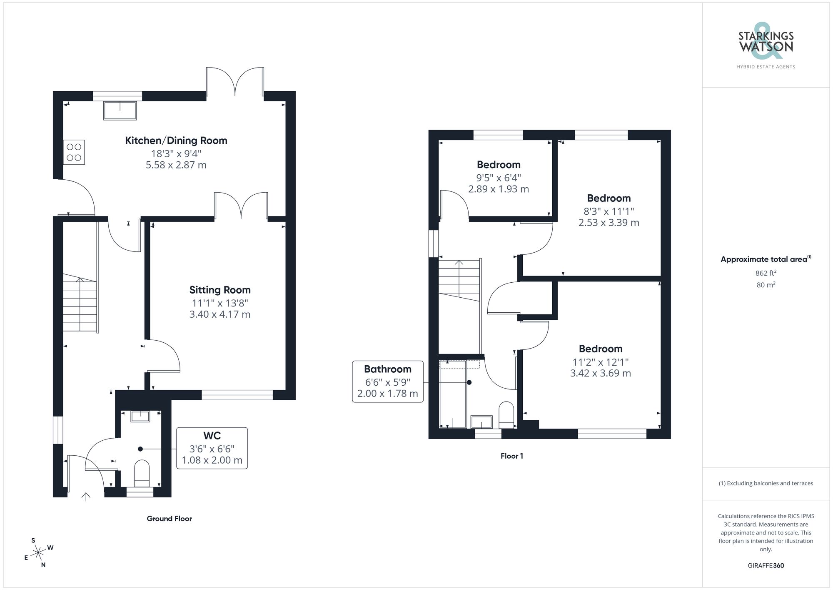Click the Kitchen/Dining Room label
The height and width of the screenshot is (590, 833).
click(x=176, y=141)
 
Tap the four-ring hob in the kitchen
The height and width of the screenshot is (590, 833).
click(x=74, y=152)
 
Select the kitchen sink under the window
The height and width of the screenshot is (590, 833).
click(x=120, y=110)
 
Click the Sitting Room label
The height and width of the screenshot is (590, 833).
click(x=220, y=290)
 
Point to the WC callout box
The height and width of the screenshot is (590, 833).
click(x=212, y=448)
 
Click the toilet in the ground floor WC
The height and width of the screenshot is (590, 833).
click(x=142, y=473)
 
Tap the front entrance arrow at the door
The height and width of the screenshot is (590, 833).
click(x=86, y=496)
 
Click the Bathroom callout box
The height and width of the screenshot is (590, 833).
click(x=388, y=382)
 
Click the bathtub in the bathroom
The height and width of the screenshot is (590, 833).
click(x=453, y=394)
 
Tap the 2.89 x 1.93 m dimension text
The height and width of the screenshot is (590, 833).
click(x=499, y=189)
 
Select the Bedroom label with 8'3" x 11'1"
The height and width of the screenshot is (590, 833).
click(x=609, y=198)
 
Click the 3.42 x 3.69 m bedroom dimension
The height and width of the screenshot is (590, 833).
click(x=600, y=373)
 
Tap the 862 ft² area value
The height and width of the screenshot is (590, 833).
click(x=766, y=273)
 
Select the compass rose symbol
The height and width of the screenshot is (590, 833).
click(x=38, y=553)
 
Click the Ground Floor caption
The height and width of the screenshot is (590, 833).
click(x=169, y=519)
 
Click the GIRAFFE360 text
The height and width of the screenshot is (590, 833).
click(x=766, y=565)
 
